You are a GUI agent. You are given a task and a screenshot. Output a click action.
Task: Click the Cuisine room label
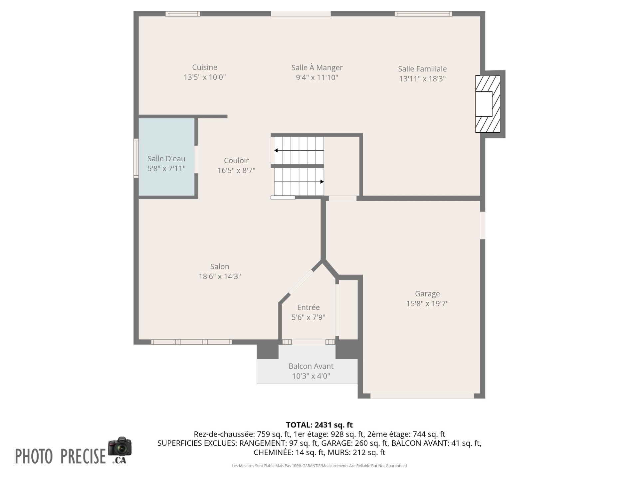click(205, 67)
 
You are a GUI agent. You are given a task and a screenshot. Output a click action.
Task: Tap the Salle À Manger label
click(317, 68)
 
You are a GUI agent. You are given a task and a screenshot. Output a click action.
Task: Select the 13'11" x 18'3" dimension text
click(422, 79)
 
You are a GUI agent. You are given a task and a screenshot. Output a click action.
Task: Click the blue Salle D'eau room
click(166, 157)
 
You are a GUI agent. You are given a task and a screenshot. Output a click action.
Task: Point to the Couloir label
click(236, 160)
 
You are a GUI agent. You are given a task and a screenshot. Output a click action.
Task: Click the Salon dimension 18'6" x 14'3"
click(220, 276)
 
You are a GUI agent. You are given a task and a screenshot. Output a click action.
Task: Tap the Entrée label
click(309, 307)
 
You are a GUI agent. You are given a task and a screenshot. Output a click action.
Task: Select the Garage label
click(427, 294)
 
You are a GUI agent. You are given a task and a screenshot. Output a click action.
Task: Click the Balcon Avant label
click(311, 366)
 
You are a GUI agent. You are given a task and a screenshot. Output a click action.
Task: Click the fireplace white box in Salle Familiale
click(484, 104)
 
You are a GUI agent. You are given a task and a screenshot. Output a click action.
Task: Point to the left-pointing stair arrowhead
click(276, 151)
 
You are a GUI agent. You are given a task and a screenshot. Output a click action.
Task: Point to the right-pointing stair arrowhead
click(322, 182)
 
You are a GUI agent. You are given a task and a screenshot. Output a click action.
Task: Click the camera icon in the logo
click(120, 446)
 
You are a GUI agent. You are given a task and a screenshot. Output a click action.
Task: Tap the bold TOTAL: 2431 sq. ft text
click(319, 425)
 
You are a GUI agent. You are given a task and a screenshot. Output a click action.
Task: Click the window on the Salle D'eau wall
click(136, 158)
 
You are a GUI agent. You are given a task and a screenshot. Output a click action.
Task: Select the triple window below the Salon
click(191, 342)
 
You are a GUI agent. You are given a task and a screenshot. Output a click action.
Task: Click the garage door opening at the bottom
click(422, 396)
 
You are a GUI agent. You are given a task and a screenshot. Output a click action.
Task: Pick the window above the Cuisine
click(183, 14)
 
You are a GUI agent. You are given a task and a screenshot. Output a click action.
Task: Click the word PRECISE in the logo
click(83, 456)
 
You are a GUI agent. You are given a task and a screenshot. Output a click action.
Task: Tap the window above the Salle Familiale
click(423, 14)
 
